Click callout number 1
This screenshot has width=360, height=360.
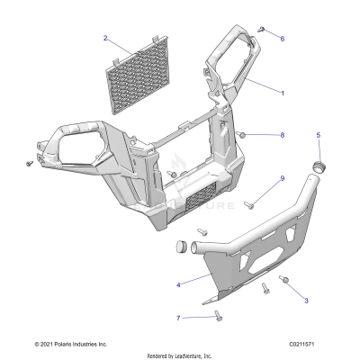(x=282, y=93)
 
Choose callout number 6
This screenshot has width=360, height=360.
(x=282, y=39)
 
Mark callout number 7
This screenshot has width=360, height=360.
(x=178, y=318)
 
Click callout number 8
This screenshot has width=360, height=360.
(x=282, y=135)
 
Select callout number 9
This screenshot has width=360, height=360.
(x=282, y=178)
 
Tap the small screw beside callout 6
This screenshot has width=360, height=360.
(x=259, y=30)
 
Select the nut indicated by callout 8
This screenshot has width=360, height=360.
(x=242, y=135)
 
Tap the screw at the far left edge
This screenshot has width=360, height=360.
(x=30, y=164)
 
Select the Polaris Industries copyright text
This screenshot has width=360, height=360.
(x=70, y=344)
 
